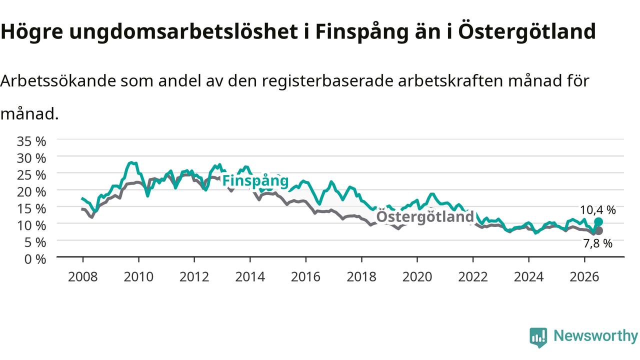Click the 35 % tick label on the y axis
pyautogui.click(x=31, y=141)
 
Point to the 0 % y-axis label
pyautogui.click(x=35, y=259)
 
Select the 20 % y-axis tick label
pyautogui.click(x=31, y=192)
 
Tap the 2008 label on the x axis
pyautogui.click(x=83, y=277)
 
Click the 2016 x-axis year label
pyautogui.click(x=305, y=277)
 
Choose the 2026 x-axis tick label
pyautogui.click(x=584, y=277)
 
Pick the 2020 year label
pyautogui.click(x=417, y=277)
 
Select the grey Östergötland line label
pyautogui.click(x=425, y=216)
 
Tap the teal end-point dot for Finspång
pyautogui.click(x=598, y=221)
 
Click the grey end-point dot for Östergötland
pyautogui.click(x=598, y=230)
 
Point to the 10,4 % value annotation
pyautogui.click(x=597, y=210)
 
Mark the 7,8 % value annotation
pyautogui.click(x=597, y=243)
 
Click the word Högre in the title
pyautogui.click(x=31, y=32)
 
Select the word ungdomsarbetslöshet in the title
pyautogui.click(x=183, y=31)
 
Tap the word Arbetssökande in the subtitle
pyautogui.click(x=58, y=81)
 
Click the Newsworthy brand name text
pyautogui.click(x=595, y=336)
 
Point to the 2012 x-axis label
pyautogui.click(x=194, y=277)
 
